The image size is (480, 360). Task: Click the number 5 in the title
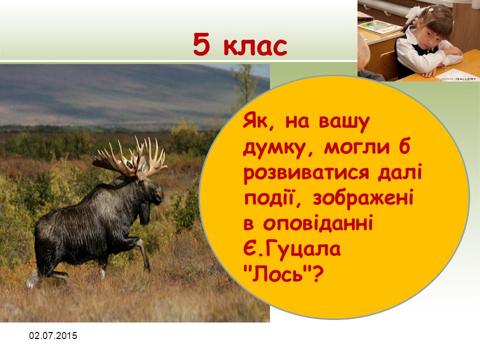click(x=201, y=44)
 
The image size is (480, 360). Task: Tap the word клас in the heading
click(x=255, y=46)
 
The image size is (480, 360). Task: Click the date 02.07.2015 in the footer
click(x=53, y=336)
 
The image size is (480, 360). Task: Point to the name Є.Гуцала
click(x=292, y=249)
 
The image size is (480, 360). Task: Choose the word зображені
click(x=363, y=198)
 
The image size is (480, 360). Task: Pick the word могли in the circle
click(x=357, y=148)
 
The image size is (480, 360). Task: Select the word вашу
click(x=344, y=123)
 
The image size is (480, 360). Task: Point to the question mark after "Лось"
click(x=317, y=273)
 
